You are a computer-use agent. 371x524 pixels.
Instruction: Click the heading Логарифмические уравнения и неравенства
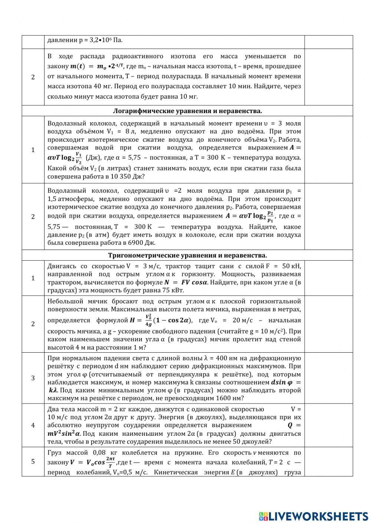[187, 111]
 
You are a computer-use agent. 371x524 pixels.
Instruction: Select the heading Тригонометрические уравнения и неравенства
[187, 255]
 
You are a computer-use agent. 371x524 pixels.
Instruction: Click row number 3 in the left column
[33, 378]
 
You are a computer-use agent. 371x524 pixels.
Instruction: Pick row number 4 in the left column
[33, 425]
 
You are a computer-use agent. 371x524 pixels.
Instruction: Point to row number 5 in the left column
[33, 461]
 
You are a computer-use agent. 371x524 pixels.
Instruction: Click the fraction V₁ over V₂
[79, 158]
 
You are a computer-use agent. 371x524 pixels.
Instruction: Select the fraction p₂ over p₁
[270, 216]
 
